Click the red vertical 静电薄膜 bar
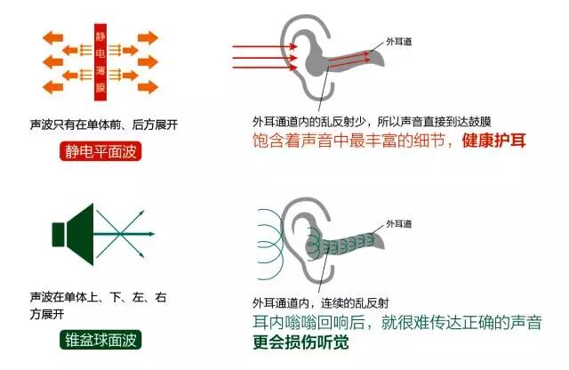[100, 60]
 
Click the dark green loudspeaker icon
[76, 233]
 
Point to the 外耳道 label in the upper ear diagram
[399, 42]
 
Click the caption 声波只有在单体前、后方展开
[103, 125]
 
